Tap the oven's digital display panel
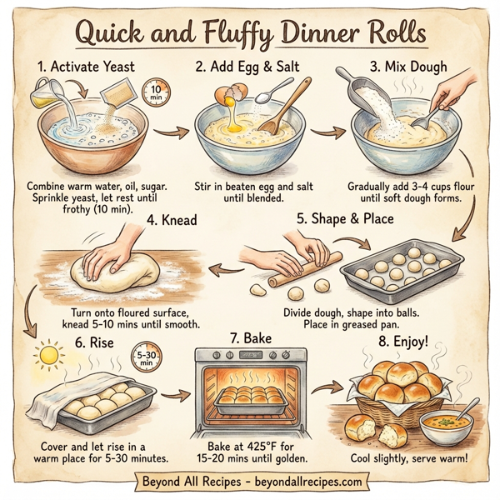click(x=250, y=357)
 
